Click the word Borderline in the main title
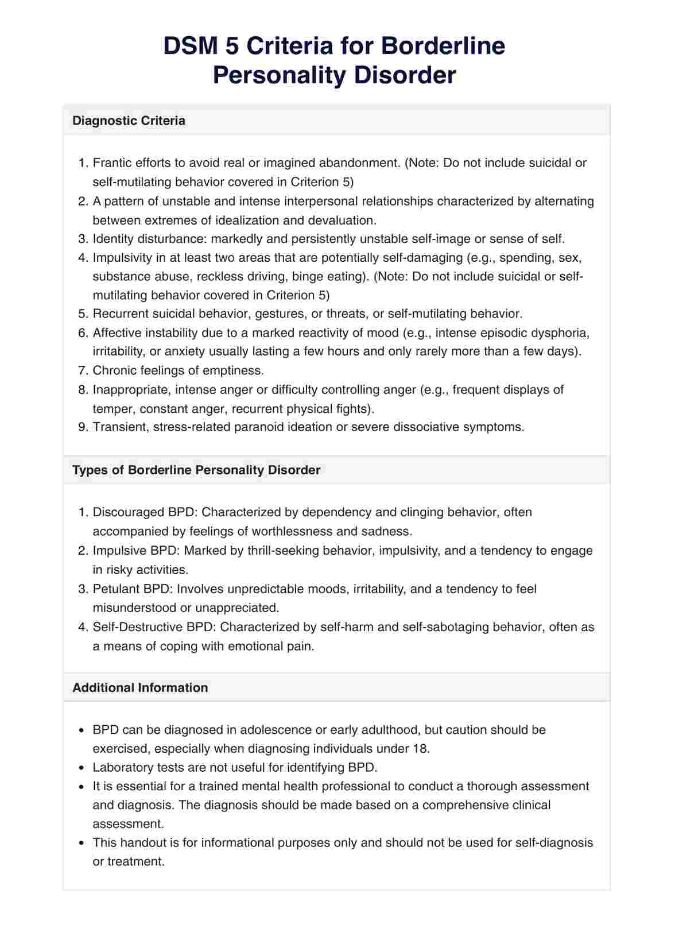443,47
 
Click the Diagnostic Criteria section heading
129,121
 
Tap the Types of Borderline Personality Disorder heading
196,470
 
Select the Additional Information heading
140,688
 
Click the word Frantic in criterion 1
112,163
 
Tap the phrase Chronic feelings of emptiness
178,370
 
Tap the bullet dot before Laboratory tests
81,768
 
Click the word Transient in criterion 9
120,427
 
